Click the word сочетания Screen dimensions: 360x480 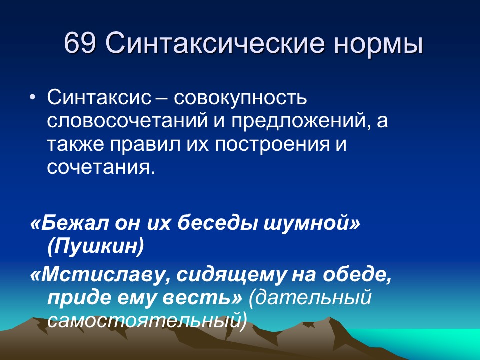pos(98,167)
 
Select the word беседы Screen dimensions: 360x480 pos(223,223)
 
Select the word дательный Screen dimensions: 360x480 pos(314,298)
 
